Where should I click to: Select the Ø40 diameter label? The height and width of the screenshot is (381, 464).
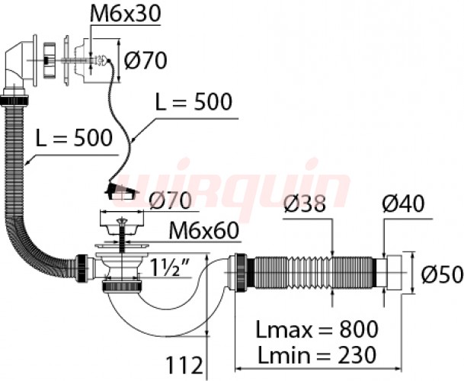coord(402,204)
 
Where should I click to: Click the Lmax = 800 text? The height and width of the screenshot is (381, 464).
coord(315,330)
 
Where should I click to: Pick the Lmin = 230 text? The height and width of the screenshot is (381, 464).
coord(315,354)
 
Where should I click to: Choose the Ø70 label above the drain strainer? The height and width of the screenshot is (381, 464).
coord(173,202)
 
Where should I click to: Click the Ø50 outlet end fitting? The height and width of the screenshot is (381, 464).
coord(396,271)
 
